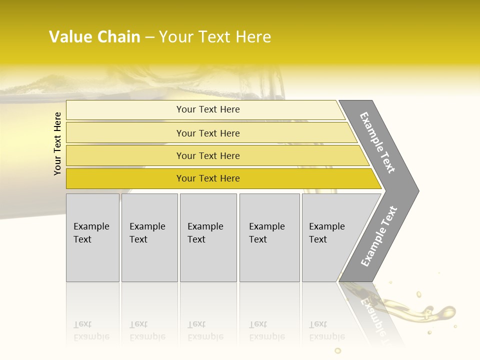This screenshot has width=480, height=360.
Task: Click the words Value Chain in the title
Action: [94, 37]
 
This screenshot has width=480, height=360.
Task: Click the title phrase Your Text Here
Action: [215, 37]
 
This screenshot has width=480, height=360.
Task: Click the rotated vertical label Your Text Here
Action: [57, 144]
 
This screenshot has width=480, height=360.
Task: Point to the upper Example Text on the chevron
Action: [377, 142]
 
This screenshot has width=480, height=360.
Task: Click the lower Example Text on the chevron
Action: [378, 236]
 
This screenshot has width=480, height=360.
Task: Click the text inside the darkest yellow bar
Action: [208, 178]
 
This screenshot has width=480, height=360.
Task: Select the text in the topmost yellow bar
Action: [208, 109]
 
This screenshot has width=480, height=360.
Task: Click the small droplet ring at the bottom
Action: [338, 350]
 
